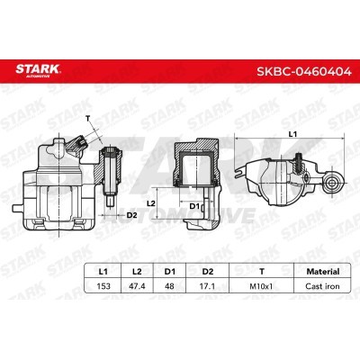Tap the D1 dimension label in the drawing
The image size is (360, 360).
[193, 208]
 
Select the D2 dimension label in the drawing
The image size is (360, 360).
[131, 215]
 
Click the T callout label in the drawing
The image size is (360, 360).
[88, 118]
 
